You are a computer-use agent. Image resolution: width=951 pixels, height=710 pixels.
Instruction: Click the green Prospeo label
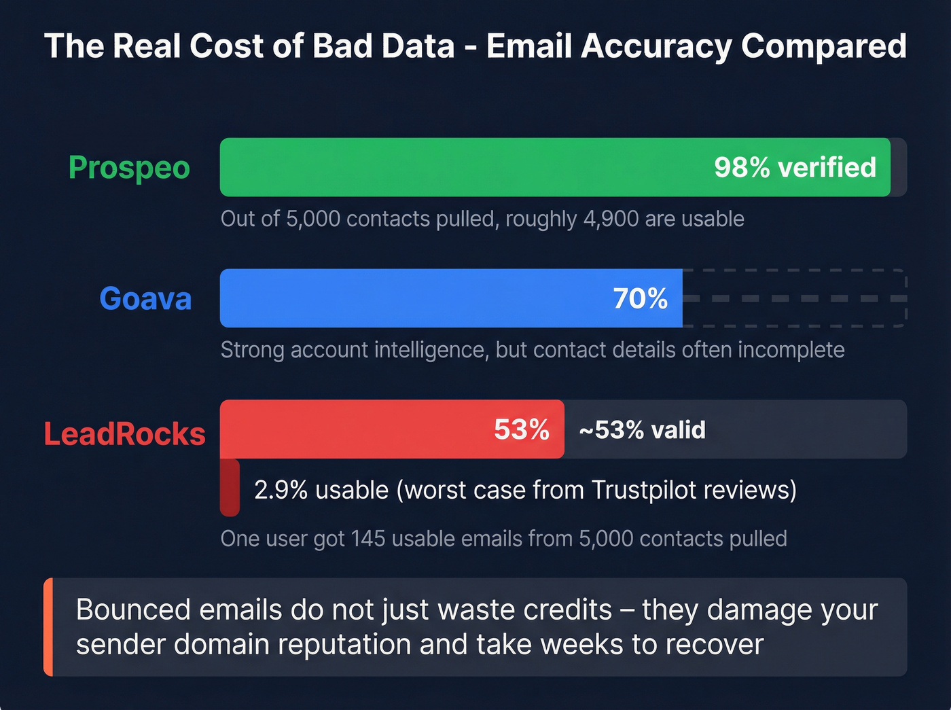coord(129,168)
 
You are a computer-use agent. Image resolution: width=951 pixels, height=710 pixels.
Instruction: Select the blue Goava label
coord(145,299)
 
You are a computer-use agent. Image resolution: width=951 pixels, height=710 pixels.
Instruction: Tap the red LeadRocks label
coord(124,434)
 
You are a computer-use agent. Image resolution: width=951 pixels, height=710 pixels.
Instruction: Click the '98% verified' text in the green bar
coord(795,168)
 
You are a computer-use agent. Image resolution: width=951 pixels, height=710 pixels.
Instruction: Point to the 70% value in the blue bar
coord(640,299)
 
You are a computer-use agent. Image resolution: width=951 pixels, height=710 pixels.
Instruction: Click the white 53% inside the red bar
coord(521,429)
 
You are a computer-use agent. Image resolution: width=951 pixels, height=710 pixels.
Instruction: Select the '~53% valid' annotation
coord(642,430)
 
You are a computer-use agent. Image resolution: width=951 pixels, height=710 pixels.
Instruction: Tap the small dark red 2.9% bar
coord(230,488)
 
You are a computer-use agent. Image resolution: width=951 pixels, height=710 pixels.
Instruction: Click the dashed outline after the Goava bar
coord(795,298)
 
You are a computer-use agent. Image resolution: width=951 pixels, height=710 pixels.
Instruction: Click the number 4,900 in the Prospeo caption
coord(611,219)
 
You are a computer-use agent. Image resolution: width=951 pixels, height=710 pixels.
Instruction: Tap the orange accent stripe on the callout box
coord(48,627)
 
